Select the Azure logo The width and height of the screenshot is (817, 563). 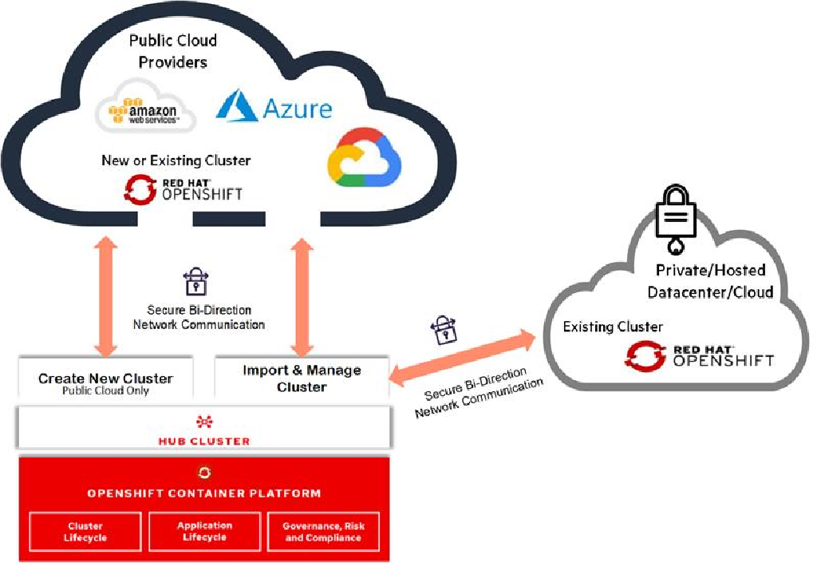274,106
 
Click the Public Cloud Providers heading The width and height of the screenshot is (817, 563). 173,50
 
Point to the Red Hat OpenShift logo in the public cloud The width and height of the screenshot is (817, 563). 184,188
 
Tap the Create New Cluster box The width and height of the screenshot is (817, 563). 105,382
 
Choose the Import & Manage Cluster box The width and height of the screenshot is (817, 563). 302,379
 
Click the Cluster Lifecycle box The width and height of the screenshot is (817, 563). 85,532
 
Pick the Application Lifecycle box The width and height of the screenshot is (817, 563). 204,532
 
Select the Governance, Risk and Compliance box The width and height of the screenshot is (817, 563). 324,532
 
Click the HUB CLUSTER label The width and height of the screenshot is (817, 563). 205,441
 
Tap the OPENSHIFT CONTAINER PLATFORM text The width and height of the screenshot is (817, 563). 204,494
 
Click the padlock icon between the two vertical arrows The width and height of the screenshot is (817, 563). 195,282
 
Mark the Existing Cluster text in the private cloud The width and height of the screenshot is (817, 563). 613,327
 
